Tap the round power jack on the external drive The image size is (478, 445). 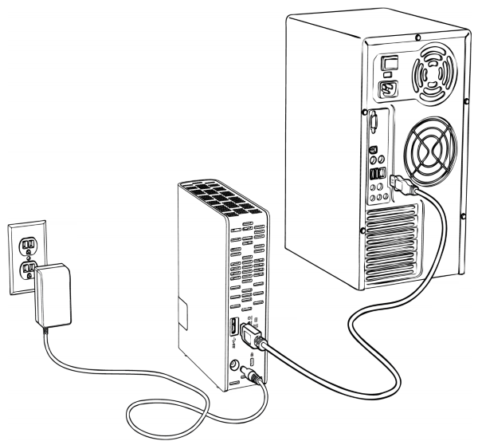point(235,366)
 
